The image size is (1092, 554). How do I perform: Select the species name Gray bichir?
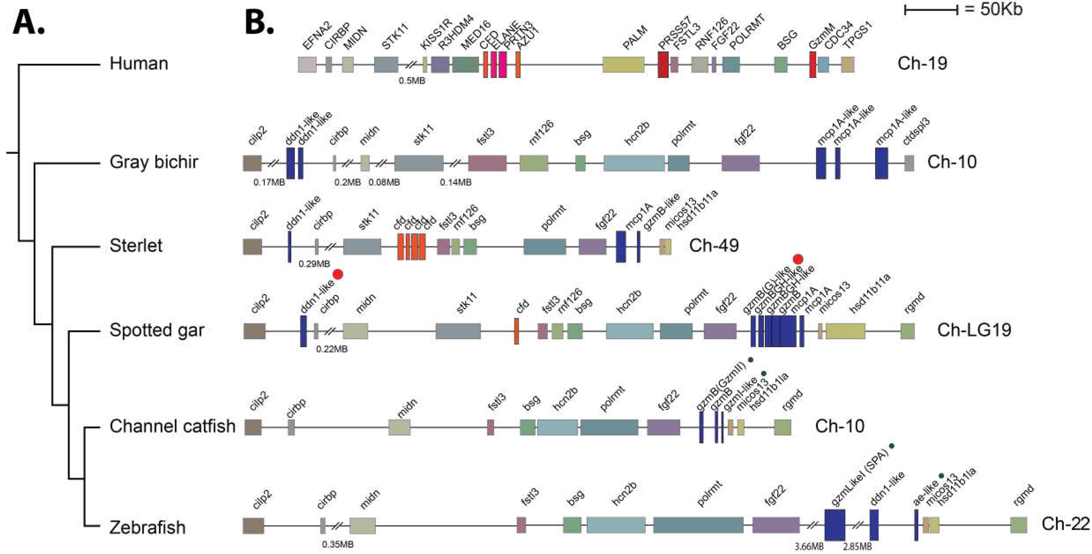(153, 162)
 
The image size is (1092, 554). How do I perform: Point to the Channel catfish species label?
(172, 426)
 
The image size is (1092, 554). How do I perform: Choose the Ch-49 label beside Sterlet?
(714, 245)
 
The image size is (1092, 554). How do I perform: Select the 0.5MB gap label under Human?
(412, 81)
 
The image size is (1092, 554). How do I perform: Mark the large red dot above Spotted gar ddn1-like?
(337, 274)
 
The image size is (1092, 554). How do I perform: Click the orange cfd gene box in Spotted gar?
(516, 331)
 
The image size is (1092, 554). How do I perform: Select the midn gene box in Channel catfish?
(399, 427)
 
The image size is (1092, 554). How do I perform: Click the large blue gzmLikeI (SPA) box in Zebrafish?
(835, 525)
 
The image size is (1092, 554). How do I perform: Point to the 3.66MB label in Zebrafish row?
(809, 547)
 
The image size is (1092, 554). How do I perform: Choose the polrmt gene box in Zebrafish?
(698, 525)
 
